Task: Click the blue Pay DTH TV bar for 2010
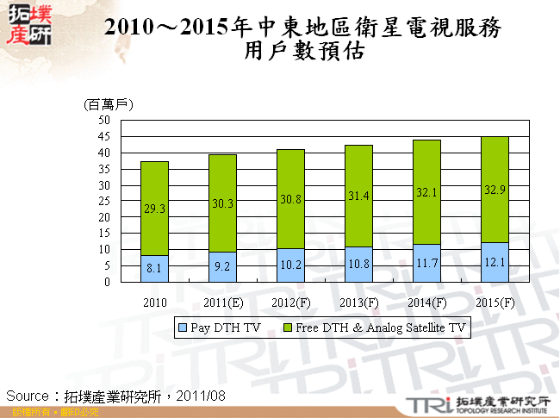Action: pos(154,268)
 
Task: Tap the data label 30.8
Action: pos(291,198)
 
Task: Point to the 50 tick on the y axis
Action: pos(103,121)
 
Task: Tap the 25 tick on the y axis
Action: pos(103,201)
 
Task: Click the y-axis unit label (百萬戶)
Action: pos(109,104)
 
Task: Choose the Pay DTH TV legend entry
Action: pos(215,328)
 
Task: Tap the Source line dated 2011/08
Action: pos(116,395)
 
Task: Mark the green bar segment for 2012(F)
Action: pos(290,199)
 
